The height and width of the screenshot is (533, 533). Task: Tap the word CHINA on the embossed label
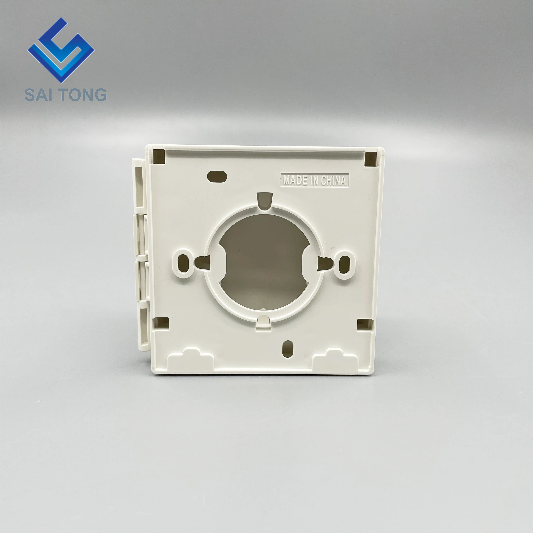(x=333, y=180)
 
